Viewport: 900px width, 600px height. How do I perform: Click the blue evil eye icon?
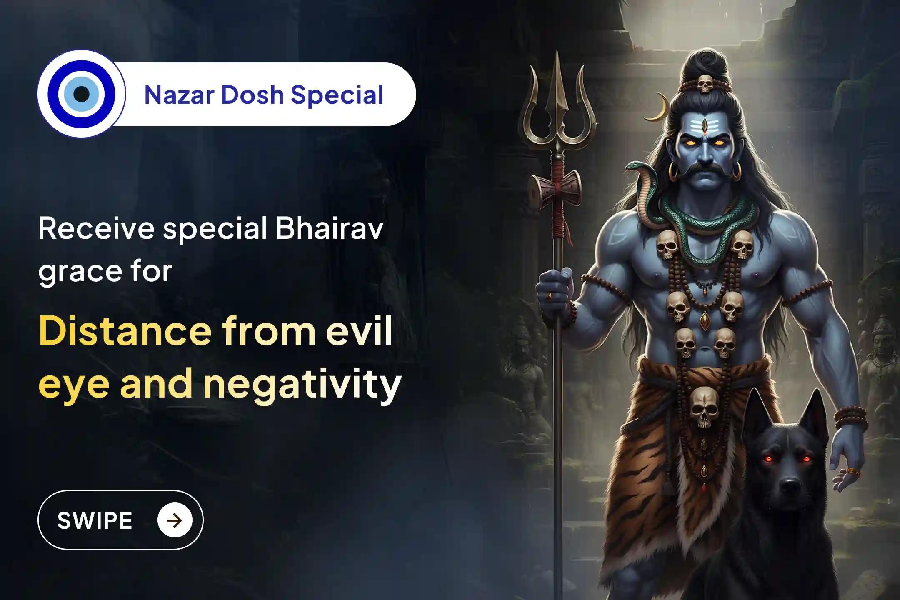pos(81,94)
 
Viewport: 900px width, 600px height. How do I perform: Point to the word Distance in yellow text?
pos(125,332)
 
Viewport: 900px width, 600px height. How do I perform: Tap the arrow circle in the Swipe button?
pos(175,520)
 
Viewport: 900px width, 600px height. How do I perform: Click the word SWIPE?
pos(95,520)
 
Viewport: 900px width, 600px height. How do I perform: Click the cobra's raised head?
pos(635,167)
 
